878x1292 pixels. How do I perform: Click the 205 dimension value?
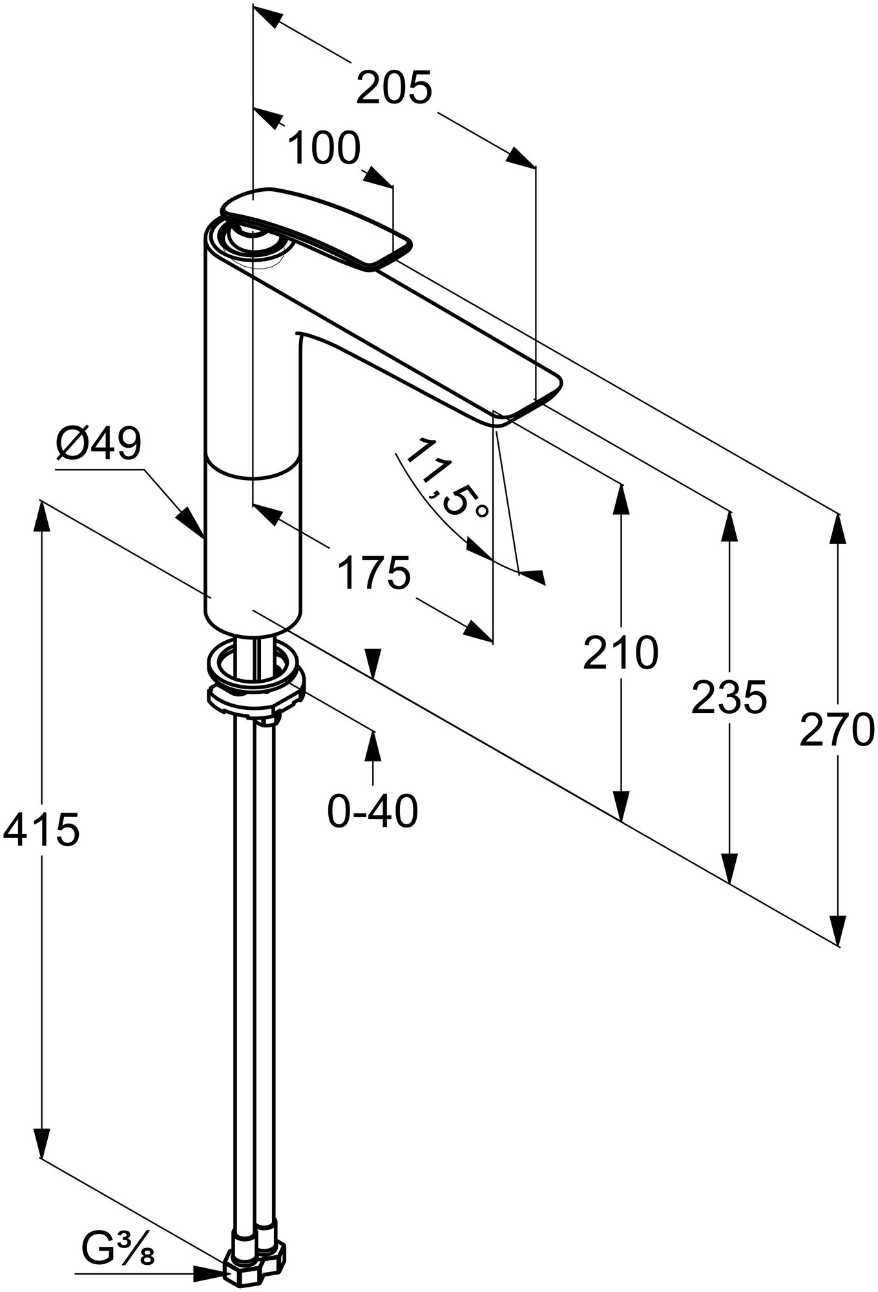tap(393, 89)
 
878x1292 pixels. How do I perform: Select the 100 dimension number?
tap(323, 149)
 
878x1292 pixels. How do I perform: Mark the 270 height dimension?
tap(837, 730)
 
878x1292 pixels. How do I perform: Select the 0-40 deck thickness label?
tap(373, 811)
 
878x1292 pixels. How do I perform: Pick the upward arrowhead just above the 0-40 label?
tap(373, 747)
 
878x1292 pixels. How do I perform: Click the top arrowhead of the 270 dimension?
tap(838, 532)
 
